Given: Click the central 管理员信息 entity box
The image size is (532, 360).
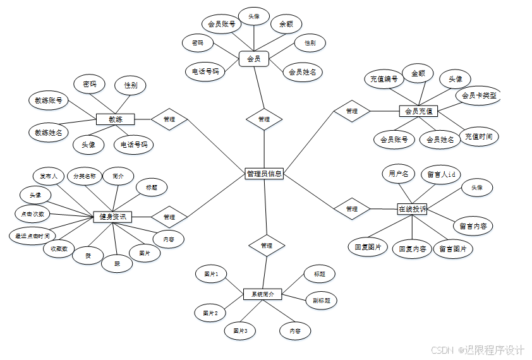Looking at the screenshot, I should coord(264,174).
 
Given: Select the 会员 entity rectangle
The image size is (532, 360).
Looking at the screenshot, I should coord(254,59).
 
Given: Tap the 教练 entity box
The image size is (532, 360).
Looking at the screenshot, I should coord(115,119).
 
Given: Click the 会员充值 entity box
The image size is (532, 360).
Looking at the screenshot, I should coord(418,111).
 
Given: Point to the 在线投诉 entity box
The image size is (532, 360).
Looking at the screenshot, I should coord(412,208).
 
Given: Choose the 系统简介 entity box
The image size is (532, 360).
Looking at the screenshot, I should coord(262,294).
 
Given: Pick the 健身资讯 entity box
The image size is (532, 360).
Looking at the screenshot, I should coord(112,217).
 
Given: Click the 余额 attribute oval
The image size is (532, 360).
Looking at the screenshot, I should coord(286,25).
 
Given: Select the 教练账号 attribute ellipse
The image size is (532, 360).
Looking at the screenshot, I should coord(49,100).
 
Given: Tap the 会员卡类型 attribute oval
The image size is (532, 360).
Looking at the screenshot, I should coord(478,96).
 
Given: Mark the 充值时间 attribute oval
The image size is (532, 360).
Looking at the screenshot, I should coord(478,136).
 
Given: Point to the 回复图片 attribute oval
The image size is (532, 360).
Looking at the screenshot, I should coord(368,247).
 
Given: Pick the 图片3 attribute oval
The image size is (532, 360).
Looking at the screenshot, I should coord(239,330).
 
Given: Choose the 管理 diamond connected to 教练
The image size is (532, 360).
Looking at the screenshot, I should coord(169,119).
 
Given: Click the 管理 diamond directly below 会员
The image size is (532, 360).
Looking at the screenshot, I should coord(264,119).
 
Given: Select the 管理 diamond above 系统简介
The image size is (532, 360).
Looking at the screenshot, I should coord(267,245).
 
